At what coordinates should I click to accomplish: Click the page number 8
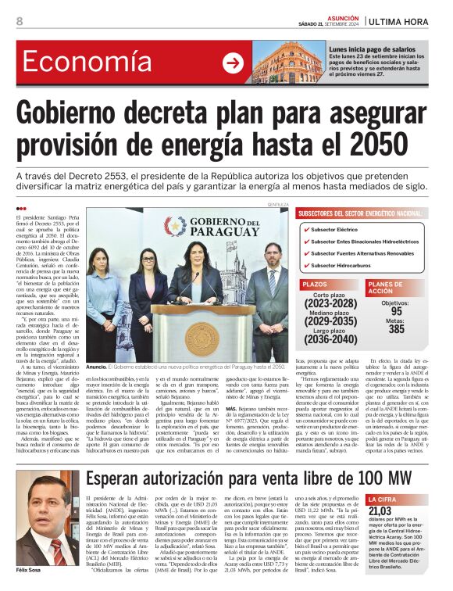pyautogui.click(x=20, y=20)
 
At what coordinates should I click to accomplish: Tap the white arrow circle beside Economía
pyautogui.click(x=232, y=63)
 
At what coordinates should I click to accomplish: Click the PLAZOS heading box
pyautogui.click(x=316, y=285)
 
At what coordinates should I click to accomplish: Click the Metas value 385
pyautogui.click(x=396, y=329)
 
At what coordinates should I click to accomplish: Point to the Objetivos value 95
pyautogui.click(x=396, y=310)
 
